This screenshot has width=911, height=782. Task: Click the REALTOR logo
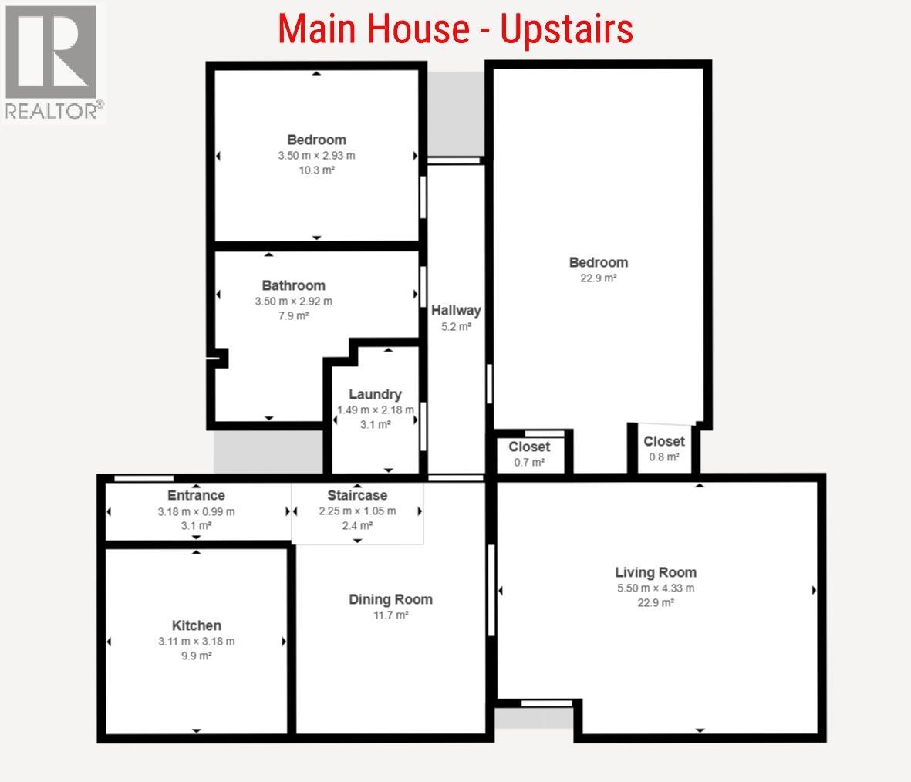(x=53, y=62)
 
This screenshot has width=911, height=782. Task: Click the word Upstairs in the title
(x=566, y=29)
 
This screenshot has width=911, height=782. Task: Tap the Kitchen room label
(x=196, y=625)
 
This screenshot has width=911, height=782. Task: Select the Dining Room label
(x=390, y=599)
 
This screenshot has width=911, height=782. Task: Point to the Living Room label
(x=656, y=572)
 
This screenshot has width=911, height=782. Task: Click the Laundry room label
(x=375, y=394)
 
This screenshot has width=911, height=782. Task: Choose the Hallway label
(x=456, y=311)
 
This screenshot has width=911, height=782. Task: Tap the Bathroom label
(x=293, y=285)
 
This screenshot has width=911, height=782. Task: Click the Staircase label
(x=357, y=495)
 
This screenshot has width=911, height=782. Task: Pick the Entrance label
(x=196, y=495)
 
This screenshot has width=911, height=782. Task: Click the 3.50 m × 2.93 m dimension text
(x=316, y=155)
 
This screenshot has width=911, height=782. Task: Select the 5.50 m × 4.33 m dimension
(x=656, y=588)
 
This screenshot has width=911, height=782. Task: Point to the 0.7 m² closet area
(x=529, y=462)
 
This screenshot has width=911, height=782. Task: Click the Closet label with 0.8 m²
(x=664, y=441)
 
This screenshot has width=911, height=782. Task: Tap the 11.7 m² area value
(x=390, y=615)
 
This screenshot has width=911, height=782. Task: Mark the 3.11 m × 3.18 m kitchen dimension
(x=196, y=641)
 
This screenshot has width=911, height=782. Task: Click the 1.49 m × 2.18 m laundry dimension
(x=375, y=410)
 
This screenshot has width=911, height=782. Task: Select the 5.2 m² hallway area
(x=456, y=326)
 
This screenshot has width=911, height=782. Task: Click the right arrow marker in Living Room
(x=814, y=591)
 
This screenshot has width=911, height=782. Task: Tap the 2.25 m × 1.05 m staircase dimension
(x=357, y=511)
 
